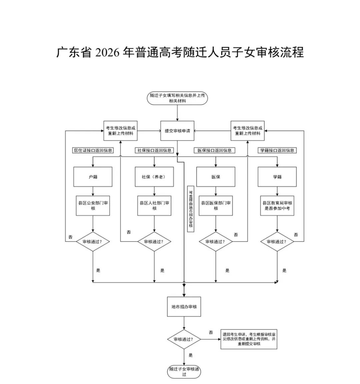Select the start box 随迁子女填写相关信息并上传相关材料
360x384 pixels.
point(177,98)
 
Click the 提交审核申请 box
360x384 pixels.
point(177,131)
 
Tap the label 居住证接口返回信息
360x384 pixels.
point(93,150)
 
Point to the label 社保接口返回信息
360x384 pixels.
point(154,150)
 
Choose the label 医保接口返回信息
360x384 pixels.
point(214,150)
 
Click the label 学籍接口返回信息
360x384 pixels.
point(277,150)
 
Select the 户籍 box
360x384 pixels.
point(93,177)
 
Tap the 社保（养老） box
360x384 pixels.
point(154,177)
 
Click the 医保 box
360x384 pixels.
point(216,177)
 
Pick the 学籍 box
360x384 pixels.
point(277,177)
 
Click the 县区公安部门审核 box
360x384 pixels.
point(93,206)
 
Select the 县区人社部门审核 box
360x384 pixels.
point(154,206)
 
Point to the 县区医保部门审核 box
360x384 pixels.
point(216,206)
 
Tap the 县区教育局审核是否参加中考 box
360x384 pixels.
point(277,206)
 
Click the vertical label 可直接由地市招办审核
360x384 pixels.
point(191,209)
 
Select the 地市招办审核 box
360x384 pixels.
point(184,307)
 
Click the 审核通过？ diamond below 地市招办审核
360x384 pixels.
point(184,339)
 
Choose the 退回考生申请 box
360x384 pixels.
point(249,339)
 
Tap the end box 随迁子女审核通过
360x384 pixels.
point(184,372)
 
